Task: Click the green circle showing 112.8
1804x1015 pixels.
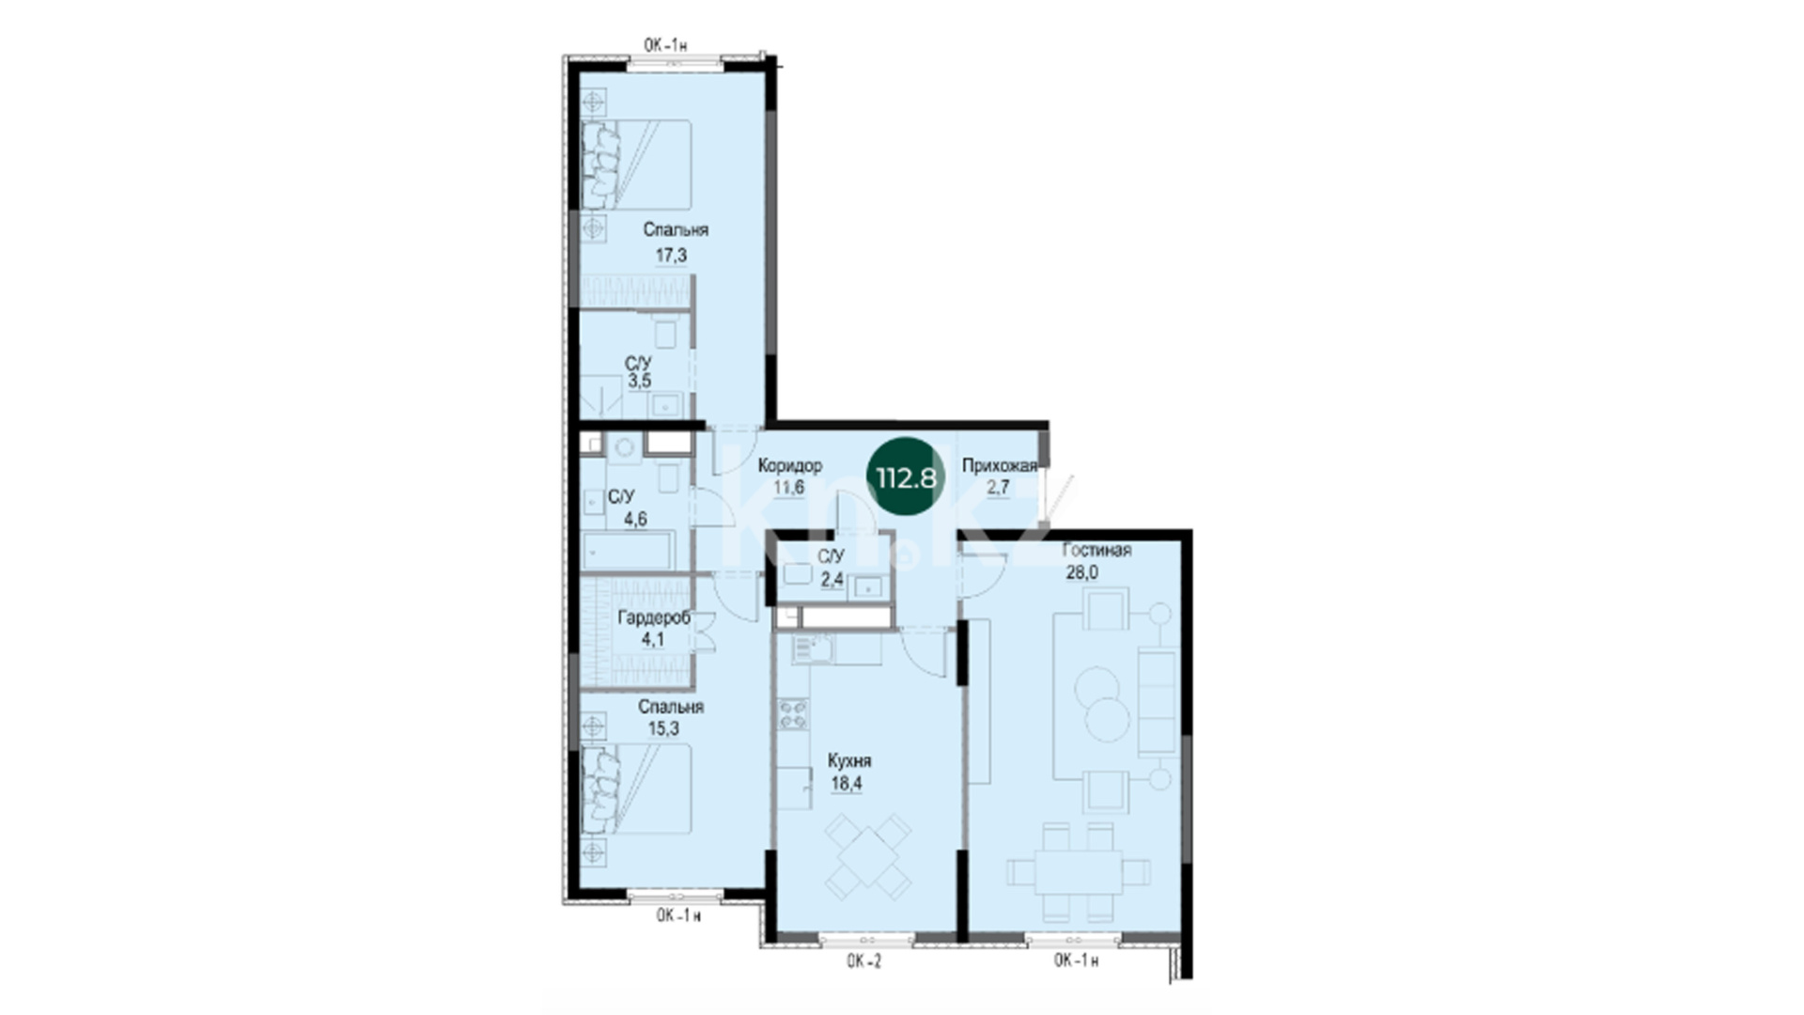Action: point(906,477)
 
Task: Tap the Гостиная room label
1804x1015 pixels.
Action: point(1096,550)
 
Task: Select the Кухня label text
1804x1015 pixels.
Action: point(848,760)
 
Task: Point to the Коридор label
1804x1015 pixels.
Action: point(789,465)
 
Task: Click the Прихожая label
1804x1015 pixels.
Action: point(1000,465)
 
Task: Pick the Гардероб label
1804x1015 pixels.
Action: point(653,617)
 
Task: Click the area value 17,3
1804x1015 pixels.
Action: point(671,255)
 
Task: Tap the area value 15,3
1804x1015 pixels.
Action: point(663,728)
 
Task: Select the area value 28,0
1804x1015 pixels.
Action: point(1081,572)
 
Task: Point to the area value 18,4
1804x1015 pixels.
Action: point(847,784)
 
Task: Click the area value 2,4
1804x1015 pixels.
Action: point(832,579)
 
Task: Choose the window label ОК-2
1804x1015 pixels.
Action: point(863,960)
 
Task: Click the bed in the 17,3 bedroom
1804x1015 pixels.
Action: point(636,164)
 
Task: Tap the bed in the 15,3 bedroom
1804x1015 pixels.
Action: point(636,789)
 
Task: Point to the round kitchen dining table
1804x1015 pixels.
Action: point(868,855)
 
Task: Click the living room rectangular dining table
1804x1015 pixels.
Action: point(1079,871)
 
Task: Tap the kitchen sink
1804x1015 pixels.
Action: point(809,648)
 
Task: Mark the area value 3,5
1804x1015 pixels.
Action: point(640,381)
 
